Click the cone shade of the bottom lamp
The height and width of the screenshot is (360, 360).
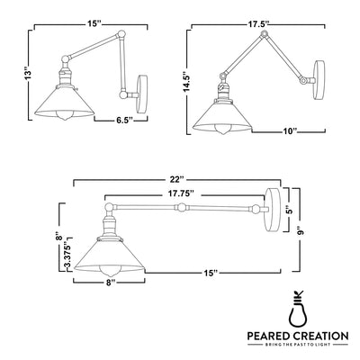coord(109,258)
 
